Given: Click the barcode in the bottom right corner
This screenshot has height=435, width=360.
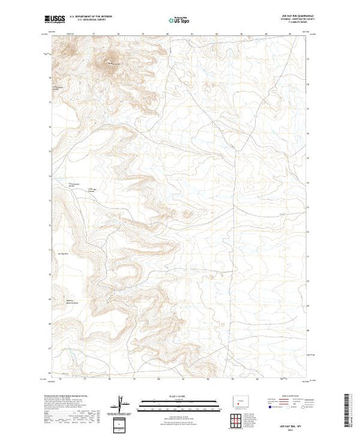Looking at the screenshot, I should [352, 407].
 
